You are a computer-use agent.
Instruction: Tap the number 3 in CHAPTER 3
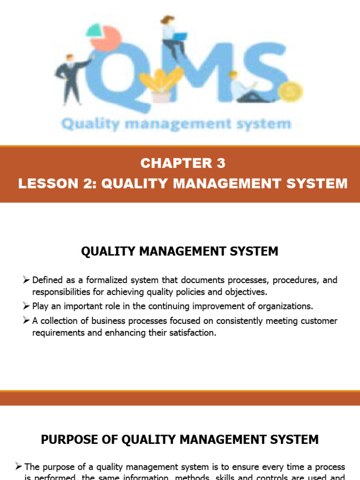(x=221, y=163)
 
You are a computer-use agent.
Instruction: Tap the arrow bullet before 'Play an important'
(x=26, y=306)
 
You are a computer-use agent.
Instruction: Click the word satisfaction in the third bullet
(x=189, y=333)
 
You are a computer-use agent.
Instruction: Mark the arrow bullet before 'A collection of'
(x=26, y=321)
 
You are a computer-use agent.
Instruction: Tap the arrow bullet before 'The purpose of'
(x=18, y=467)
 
